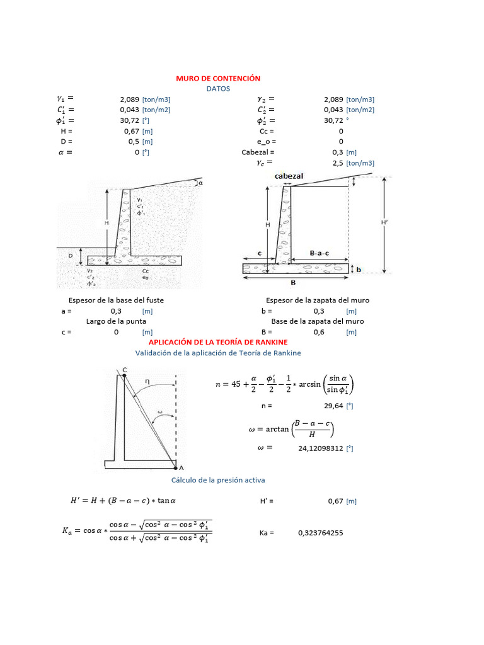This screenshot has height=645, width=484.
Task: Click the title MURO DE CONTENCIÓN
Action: click(x=217, y=78)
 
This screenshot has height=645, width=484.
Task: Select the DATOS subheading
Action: click(x=218, y=89)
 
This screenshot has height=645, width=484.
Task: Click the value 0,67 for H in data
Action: click(x=131, y=131)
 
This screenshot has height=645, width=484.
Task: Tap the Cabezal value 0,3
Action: click(x=337, y=152)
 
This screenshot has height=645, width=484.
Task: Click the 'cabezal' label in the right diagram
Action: click(x=289, y=176)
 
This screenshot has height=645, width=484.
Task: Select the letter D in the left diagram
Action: click(x=71, y=256)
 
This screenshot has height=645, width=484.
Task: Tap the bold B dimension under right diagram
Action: click(x=293, y=282)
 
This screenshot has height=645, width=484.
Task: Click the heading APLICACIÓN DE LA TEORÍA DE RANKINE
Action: click(x=217, y=342)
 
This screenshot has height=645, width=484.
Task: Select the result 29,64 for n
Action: click(x=333, y=406)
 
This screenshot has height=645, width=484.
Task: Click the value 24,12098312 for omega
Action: click(x=325, y=448)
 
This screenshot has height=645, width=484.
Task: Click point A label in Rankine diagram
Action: click(x=181, y=468)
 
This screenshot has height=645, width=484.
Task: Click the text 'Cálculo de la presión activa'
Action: click(x=218, y=480)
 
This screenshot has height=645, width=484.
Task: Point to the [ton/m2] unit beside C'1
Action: click(x=156, y=110)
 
